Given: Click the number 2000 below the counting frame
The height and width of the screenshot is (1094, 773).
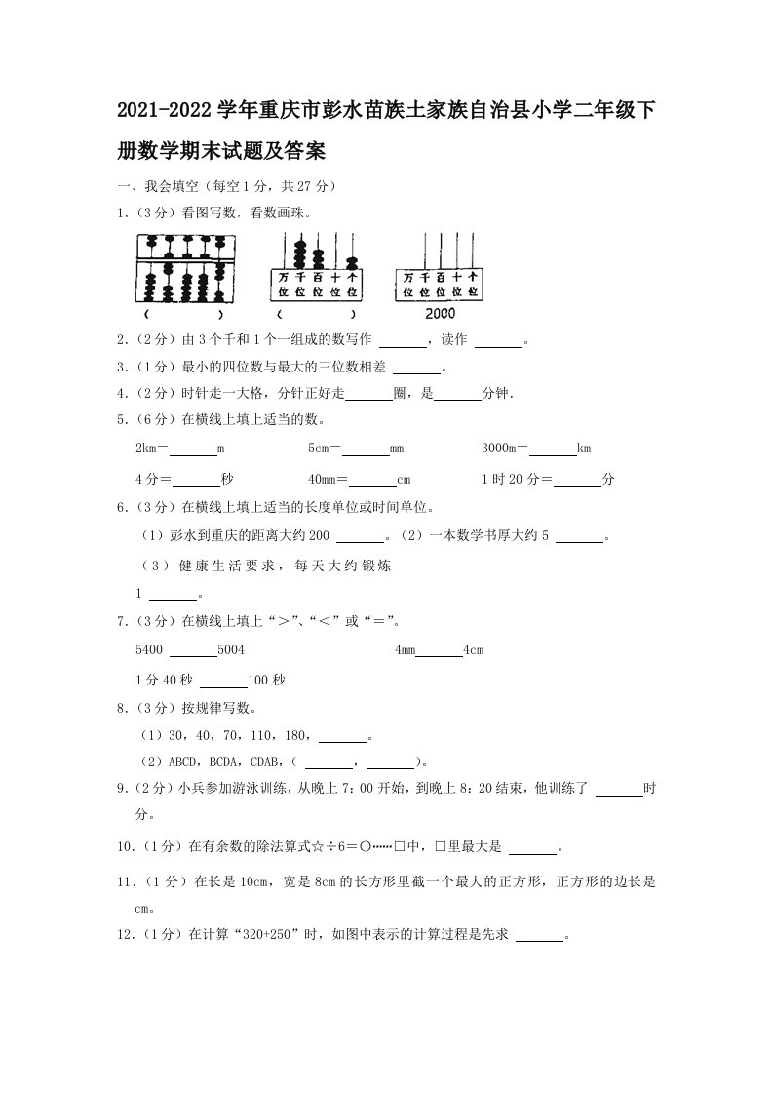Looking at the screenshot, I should coord(441,314).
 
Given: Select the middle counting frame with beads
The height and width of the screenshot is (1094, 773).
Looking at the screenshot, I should coord(314,268).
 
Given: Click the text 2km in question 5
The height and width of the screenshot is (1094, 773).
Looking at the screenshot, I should coord(149,449).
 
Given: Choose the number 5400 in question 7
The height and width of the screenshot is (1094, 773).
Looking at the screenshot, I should coord(151,649).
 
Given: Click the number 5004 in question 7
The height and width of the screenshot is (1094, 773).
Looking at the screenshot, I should coord(232,649).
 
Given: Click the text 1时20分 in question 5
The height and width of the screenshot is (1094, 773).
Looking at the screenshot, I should coord(511,479).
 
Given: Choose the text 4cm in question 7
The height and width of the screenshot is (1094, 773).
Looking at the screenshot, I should coord(473,649).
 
